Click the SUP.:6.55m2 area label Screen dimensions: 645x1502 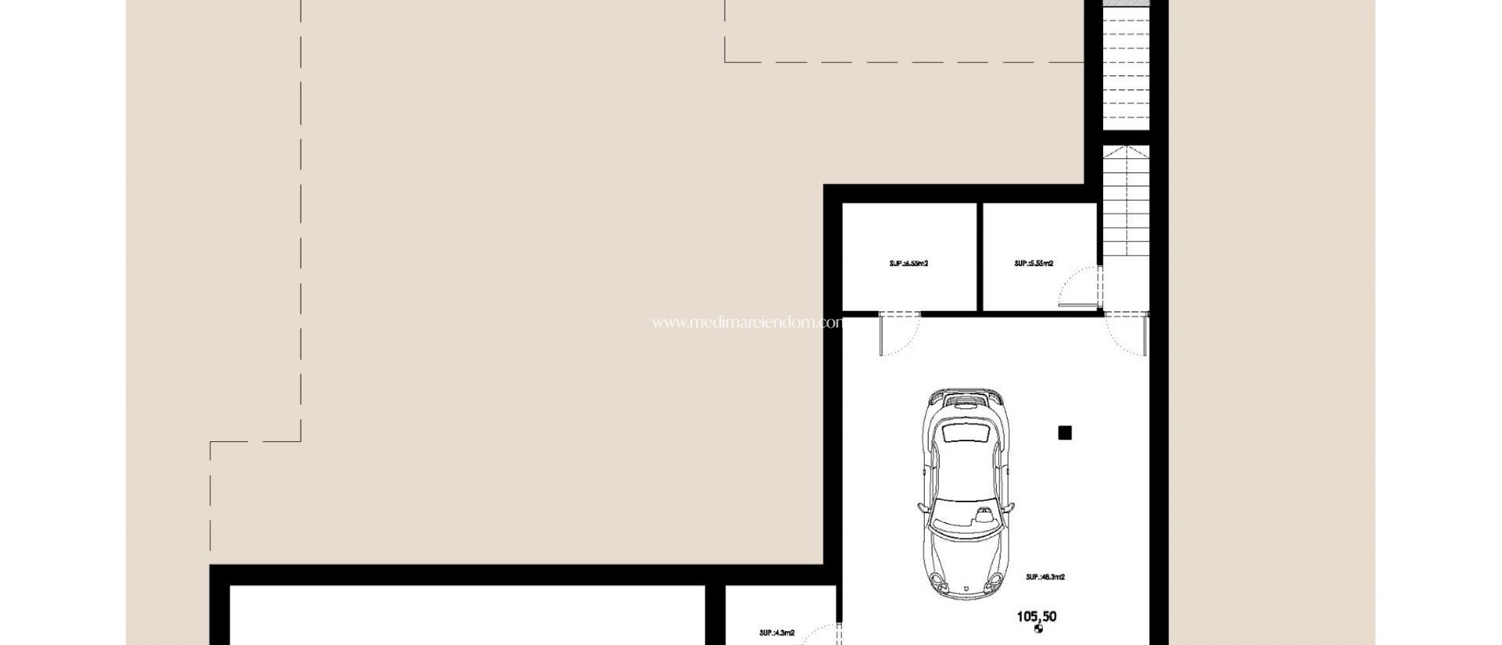tap(909, 263)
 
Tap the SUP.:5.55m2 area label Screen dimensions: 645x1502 tap(1034, 263)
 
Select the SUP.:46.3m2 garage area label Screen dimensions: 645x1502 tap(1045, 577)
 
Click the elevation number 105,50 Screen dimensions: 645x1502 tap(1036, 616)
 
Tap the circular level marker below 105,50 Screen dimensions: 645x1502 tap(1038, 629)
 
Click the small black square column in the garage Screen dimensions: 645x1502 tap(1065, 433)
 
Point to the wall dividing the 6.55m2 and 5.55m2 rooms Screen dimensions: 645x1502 tap(979, 257)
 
